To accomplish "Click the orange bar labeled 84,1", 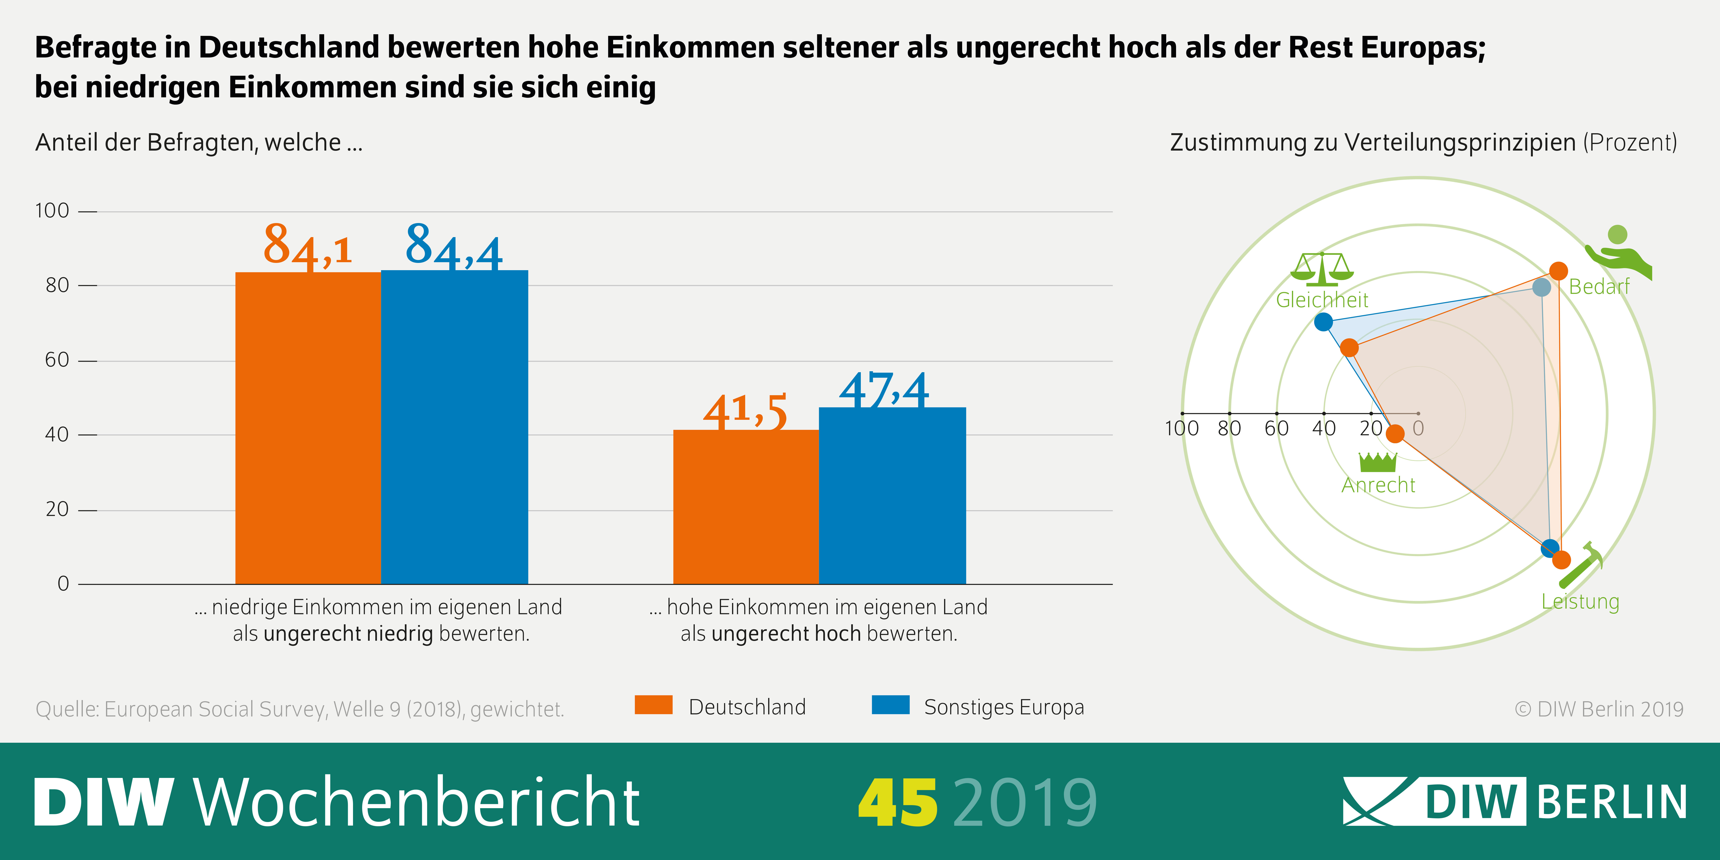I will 308,427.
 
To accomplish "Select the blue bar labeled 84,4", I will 454,427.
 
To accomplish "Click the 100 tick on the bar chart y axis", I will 52,211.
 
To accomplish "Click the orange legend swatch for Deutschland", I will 653,705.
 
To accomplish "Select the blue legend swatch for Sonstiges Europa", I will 890,705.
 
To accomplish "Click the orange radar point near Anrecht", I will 1395,434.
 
